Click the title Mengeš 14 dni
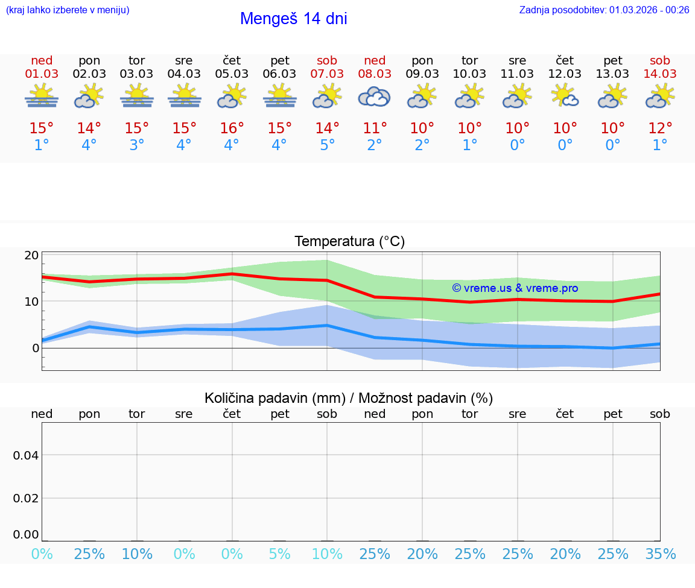pos(293,19)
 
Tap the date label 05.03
pos(232,74)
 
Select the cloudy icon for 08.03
pos(374,96)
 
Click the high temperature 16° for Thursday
pos(232,128)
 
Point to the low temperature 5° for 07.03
pos(327,145)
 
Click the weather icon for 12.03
pos(565,96)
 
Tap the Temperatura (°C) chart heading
pos(349,242)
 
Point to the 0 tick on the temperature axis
pos(36,348)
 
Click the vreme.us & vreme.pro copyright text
pos(515,288)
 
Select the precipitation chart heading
pos(349,398)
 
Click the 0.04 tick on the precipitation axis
pos(26,455)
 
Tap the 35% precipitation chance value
pos(660,554)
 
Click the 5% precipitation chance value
pos(279,554)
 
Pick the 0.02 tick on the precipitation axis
pos(26,498)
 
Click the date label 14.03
pos(660,74)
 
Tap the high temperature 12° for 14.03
pos(660,128)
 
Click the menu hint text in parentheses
pos(68,10)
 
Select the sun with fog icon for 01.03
pos(42,96)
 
